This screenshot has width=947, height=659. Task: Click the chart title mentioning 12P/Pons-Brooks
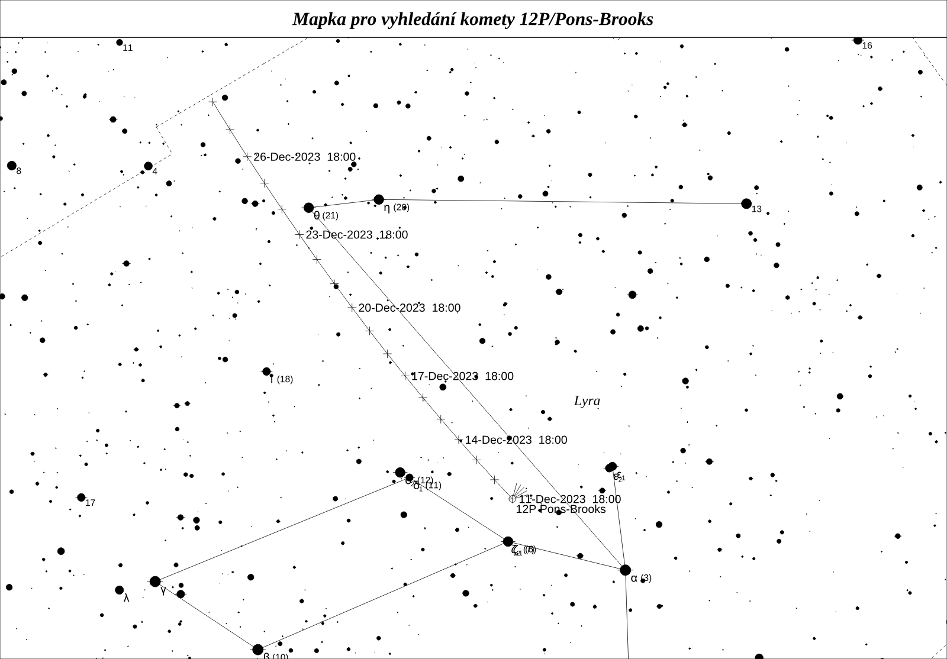click(472, 20)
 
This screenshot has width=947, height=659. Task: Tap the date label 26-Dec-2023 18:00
click(304, 157)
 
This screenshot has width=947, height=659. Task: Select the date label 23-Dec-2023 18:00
click(356, 235)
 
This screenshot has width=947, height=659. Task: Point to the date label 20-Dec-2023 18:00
click(409, 308)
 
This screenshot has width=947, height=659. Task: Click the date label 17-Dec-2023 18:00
click(462, 376)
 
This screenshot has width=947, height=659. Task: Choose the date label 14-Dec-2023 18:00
click(516, 440)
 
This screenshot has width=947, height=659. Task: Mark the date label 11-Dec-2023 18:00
click(569, 499)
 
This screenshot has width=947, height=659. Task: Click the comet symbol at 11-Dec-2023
click(513, 499)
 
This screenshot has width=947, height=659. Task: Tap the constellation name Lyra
click(587, 401)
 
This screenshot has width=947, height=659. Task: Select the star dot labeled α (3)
click(625, 570)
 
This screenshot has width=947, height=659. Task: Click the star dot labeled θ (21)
click(308, 208)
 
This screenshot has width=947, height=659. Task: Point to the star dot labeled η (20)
click(379, 199)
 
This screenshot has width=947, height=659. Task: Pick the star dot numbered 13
click(746, 203)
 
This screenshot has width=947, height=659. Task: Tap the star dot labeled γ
click(155, 582)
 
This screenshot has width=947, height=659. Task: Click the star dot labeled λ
click(120, 590)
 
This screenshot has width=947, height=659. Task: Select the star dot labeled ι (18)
click(266, 372)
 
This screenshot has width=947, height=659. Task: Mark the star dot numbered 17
click(81, 498)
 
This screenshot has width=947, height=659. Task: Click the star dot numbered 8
click(11, 165)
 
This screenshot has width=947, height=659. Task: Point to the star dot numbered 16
click(858, 40)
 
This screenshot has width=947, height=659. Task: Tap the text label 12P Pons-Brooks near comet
click(561, 509)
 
